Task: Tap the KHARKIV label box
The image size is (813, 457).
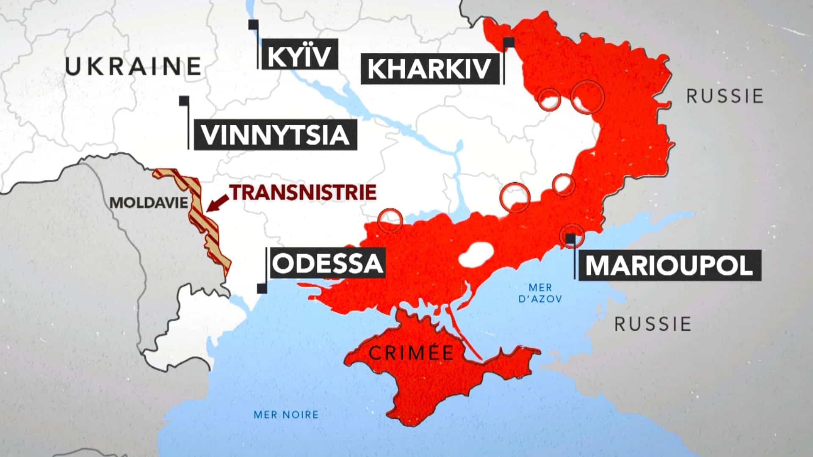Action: click(x=429, y=69)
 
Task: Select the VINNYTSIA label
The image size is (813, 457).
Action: click(x=275, y=134)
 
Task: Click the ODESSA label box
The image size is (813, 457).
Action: click(x=327, y=263)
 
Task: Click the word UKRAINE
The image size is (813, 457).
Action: click(x=133, y=66)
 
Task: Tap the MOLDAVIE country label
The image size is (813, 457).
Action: click(x=149, y=202)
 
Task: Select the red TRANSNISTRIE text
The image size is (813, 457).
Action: click(x=303, y=192)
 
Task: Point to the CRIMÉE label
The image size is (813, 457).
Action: click(x=411, y=352)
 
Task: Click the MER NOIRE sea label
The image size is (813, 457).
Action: click(x=286, y=414)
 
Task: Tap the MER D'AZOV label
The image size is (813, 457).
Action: click(x=541, y=293)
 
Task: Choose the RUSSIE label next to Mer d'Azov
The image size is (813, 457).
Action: click(x=653, y=324)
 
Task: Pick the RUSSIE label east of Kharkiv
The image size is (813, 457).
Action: click(x=725, y=96)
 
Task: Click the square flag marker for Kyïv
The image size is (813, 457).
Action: click(x=254, y=25)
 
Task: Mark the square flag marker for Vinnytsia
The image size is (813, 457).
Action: click(x=184, y=101)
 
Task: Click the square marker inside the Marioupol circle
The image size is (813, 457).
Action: click(x=571, y=239)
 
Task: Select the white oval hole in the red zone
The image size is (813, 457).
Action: click(x=476, y=256)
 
